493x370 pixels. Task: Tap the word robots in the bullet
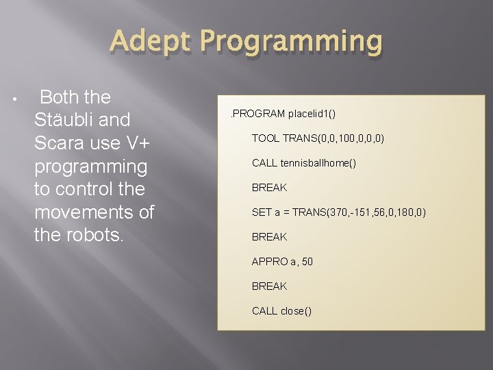tap(91, 236)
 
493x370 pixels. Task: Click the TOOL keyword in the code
tap(266, 138)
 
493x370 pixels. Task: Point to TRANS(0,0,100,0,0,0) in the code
tap(333, 138)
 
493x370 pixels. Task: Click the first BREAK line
tap(269, 187)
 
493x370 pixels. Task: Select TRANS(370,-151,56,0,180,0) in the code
tap(359, 212)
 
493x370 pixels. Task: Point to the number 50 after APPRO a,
tap(307, 261)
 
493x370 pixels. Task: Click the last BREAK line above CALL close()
tap(269, 286)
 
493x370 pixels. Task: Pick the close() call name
tap(296, 310)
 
